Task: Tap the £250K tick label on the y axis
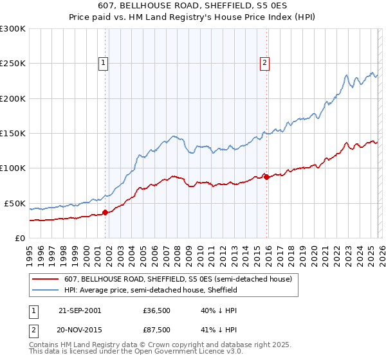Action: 13,64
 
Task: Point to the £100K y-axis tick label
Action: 13,168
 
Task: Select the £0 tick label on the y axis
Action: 20,238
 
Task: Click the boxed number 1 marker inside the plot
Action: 104,62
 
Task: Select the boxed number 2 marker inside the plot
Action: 264,62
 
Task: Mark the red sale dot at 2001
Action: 105,212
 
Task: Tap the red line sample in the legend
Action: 46,279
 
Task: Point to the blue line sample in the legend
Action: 46,290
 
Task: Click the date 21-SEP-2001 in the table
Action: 79,310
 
